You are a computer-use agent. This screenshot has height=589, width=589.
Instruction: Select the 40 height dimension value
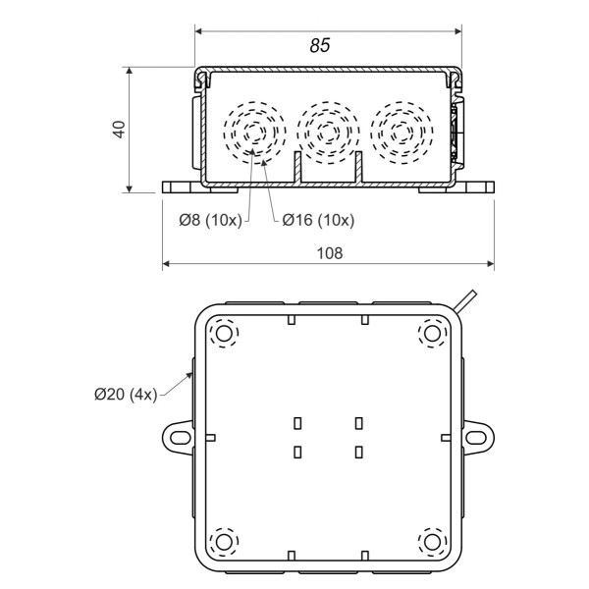tap(119, 130)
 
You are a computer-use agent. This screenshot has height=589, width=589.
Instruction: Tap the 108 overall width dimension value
tap(329, 252)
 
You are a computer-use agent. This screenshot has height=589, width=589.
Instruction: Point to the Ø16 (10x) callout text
tap(318, 221)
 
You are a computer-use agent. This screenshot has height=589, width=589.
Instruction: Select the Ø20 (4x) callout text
tap(126, 394)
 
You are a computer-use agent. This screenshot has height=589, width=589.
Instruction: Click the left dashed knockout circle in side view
tap(254, 133)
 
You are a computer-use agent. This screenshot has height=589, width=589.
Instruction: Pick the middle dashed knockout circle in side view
tap(328, 133)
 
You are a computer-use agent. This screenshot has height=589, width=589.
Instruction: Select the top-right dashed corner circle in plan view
tap(431, 335)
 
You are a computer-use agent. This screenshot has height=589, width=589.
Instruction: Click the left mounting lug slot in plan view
tap(179, 437)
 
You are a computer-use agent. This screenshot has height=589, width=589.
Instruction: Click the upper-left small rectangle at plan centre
tap(297, 423)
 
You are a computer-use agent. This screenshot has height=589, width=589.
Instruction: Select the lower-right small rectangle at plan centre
tap(358, 453)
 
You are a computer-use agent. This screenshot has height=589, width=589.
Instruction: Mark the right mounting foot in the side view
tap(474, 188)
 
